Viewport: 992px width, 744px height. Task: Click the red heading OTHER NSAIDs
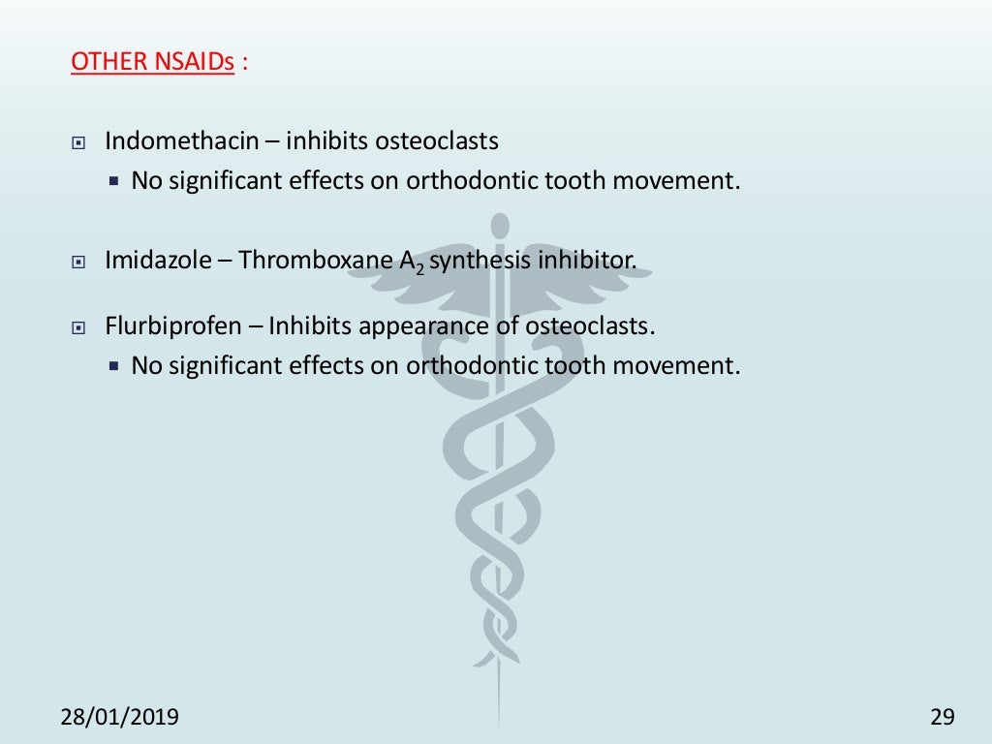click(x=153, y=62)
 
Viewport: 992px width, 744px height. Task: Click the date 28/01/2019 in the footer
click(x=120, y=717)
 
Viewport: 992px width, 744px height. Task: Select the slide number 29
click(x=942, y=717)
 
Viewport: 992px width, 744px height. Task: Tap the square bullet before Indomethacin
click(x=79, y=143)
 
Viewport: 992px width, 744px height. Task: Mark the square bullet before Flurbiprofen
click(x=79, y=328)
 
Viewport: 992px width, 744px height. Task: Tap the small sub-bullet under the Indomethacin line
click(x=113, y=181)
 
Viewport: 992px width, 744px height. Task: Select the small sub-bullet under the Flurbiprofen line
click(x=113, y=367)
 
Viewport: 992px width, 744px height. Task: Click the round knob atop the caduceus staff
click(x=500, y=227)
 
